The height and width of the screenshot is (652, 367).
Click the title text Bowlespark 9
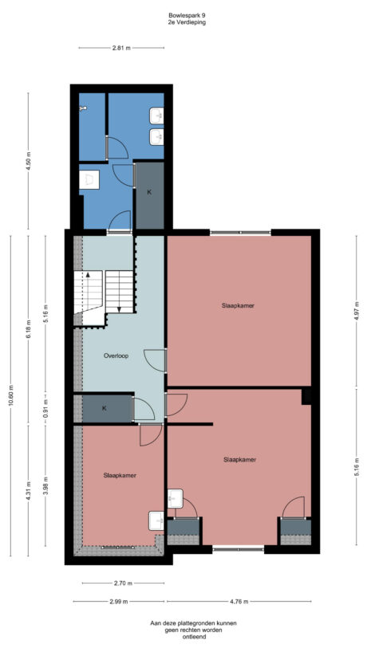click(x=186, y=14)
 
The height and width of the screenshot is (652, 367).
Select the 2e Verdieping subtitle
click(x=186, y=22)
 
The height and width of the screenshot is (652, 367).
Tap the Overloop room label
click(x=116, y=355)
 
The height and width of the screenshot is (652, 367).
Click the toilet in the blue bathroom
click(x=89, y=179)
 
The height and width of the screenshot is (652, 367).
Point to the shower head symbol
click(x=82, y=106)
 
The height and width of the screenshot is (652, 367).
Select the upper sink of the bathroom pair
click(x=157, y=116)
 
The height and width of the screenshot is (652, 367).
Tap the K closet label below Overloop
click(x=105, y=408)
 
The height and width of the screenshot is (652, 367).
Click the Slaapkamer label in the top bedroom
click(x=239, y=304)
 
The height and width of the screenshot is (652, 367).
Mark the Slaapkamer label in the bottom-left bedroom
click(x=120, y=476)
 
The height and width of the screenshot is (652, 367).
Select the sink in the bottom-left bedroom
click(x=156, y=520)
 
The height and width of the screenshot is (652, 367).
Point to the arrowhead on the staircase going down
click(x=119, y=309)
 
